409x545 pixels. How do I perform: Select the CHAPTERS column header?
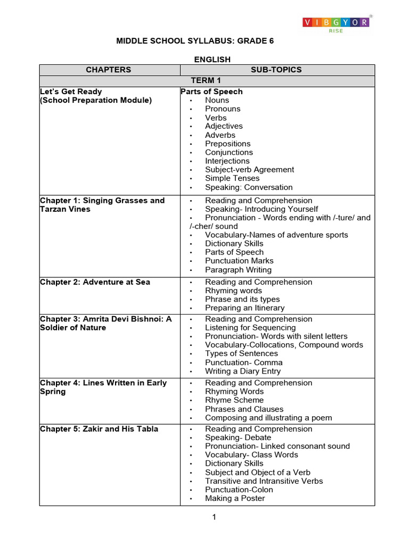click(109, 70)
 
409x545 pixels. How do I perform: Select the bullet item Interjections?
click(227, 161)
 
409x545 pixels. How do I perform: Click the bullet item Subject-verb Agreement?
click(249, 169)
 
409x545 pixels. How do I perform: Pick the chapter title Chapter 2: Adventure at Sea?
click(95, 282)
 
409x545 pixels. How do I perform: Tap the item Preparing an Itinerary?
click(244, 308)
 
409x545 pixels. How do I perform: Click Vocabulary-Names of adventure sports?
click(276, 235)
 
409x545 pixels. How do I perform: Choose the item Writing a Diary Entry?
click(242, 371)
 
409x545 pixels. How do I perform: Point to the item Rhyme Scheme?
click(234, 400)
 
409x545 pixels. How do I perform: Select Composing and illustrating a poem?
click(268, 417)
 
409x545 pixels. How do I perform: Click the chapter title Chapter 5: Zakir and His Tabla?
click(99, 429)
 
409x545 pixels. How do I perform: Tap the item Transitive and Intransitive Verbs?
click(264, 481)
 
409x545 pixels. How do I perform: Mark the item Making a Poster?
click(235, 498)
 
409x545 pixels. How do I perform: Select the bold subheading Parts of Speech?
click(211, 92)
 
